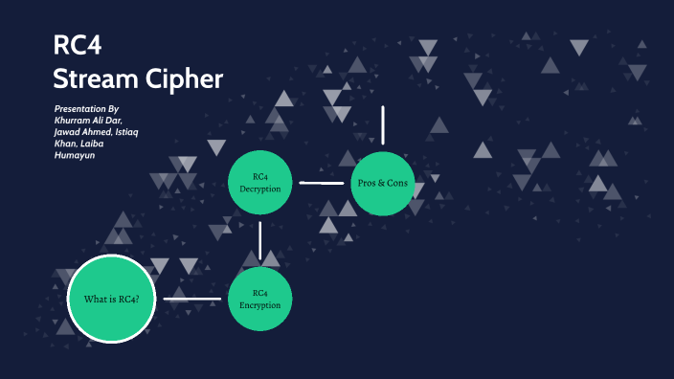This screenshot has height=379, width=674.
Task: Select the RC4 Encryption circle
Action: point(259,300)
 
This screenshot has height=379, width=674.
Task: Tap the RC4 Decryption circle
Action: point(260,183)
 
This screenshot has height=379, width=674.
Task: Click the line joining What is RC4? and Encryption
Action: point(192,300)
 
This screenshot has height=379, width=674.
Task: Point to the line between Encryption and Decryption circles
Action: point(259,240)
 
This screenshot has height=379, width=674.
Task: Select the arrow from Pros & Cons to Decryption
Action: point(322,182)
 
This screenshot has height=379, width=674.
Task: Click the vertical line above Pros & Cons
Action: point(383,124)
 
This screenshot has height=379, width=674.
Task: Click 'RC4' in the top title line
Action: point(77,47)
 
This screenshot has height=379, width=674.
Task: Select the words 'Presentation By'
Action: point(88,109)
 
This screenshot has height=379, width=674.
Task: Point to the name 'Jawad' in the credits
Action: point(70,132)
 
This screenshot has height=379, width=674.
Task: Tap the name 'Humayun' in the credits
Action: point(74,154)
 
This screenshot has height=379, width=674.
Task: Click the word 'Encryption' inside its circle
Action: point(259,305)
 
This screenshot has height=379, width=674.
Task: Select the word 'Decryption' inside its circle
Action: point(260,189)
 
